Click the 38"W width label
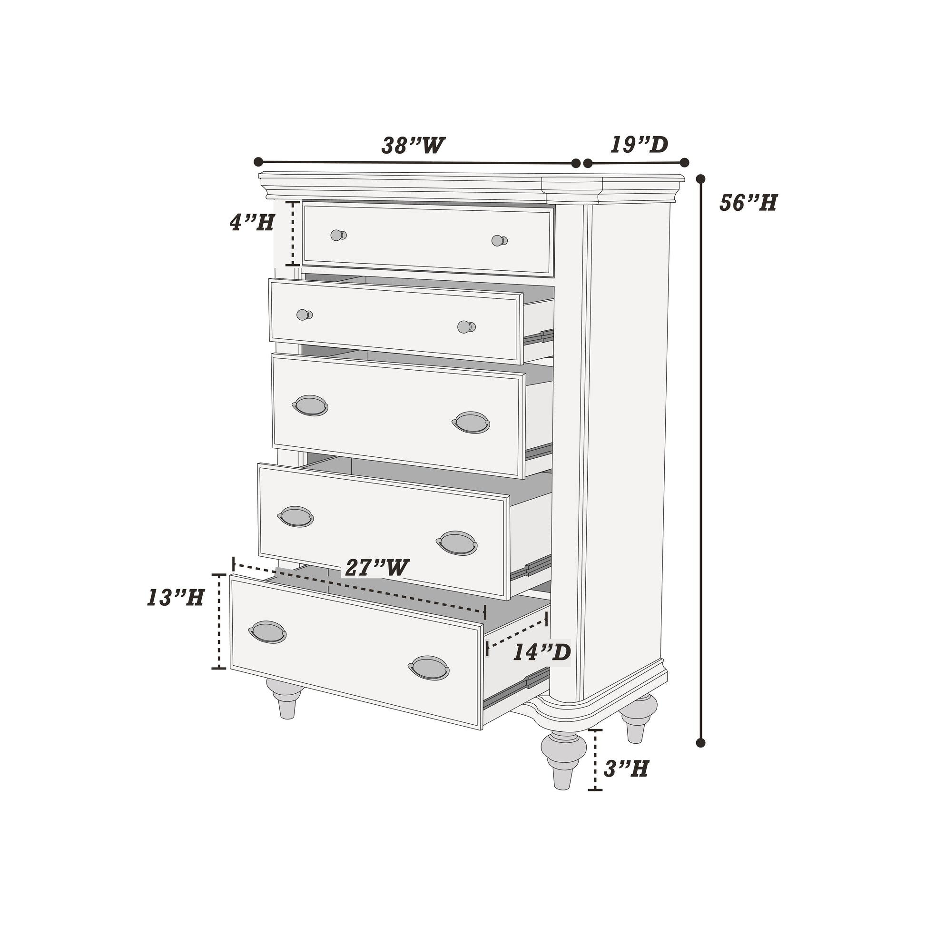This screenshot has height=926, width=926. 413,146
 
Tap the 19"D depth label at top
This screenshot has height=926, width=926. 639,145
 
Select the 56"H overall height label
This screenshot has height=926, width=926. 748,203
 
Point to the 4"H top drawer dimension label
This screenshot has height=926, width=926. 252,222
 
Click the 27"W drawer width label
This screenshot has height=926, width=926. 377,568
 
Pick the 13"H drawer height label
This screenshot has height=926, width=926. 176,598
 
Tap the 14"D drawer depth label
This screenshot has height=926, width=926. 542,652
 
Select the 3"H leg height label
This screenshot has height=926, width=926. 626,769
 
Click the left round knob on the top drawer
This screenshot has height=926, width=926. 338,236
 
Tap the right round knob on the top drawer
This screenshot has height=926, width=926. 499,241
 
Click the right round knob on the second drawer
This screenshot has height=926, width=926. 465,327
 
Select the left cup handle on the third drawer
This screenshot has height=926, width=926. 310,405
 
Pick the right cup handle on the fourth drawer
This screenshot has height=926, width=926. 457,543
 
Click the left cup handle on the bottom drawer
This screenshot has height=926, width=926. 267,632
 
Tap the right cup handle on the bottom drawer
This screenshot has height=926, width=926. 428,668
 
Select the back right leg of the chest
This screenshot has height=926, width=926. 638,717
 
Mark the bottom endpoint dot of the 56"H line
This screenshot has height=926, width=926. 701,743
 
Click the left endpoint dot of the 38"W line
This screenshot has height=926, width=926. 258,161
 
